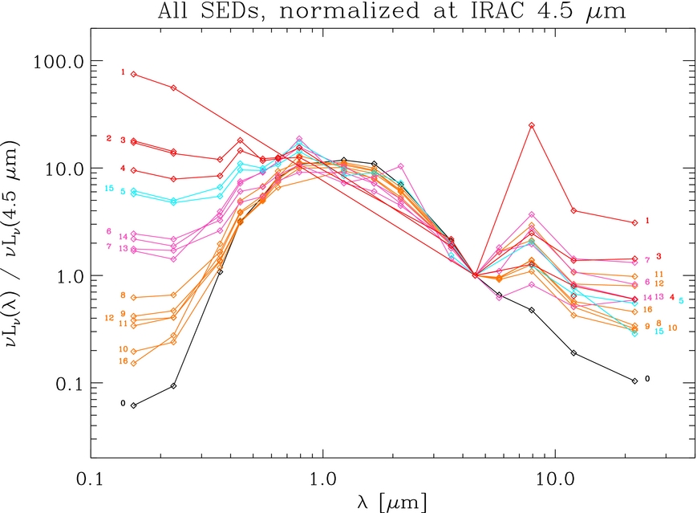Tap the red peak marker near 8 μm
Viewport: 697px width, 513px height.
click(x=531, y=125)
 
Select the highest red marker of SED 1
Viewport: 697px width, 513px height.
click(x=134, y=74)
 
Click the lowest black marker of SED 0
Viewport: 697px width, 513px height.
click(x=134, y=405)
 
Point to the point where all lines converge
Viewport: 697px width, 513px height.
click(x=476, y=275)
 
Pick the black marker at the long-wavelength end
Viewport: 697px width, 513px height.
click(x=634, y=381)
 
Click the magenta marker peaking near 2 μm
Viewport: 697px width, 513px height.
click(x=400, y=166)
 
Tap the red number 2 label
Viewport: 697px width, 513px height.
click(x=109, y=138)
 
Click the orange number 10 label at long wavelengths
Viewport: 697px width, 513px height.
click(x=672, y=328)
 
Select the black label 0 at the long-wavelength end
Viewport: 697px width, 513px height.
click(x=647, y=378)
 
